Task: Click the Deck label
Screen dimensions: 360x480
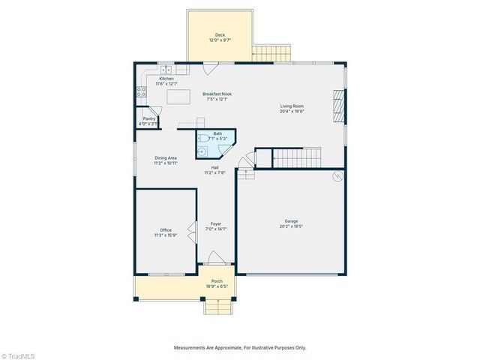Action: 220,35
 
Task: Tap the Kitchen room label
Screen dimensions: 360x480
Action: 166,79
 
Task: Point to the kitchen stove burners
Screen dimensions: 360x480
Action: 139,93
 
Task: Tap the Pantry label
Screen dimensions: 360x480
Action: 148,118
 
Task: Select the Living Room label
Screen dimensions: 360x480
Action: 292,106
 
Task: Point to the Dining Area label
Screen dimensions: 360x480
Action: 166,157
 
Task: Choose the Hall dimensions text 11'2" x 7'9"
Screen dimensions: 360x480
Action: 214,173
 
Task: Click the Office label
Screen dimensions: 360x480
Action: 166,229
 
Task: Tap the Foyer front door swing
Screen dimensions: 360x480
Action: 215,259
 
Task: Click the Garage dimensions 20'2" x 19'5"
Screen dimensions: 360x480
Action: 292,226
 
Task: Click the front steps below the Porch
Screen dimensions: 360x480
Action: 216,306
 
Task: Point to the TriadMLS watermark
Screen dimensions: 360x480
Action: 18,354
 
